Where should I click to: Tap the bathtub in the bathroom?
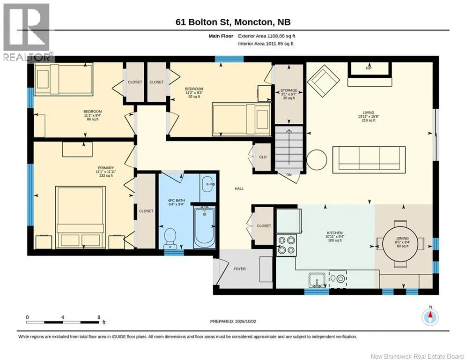click(204, 228)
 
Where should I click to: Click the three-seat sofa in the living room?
click(369, 159)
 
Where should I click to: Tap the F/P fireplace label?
click(369, 68)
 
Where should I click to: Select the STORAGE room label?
click(288, 90)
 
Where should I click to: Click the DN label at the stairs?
click(289, 175)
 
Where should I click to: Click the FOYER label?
click(239, 269)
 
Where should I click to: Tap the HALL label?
click(239, 188)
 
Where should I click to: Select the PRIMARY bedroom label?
click(105, 168)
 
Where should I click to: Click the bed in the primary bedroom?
click(81, 217)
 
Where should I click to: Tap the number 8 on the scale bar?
click(99, 317)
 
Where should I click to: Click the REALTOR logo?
click(27, 32)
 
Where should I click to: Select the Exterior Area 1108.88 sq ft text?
click(266, 36)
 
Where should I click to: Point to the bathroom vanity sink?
click(207, 184)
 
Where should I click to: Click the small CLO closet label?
click(263, 157)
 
